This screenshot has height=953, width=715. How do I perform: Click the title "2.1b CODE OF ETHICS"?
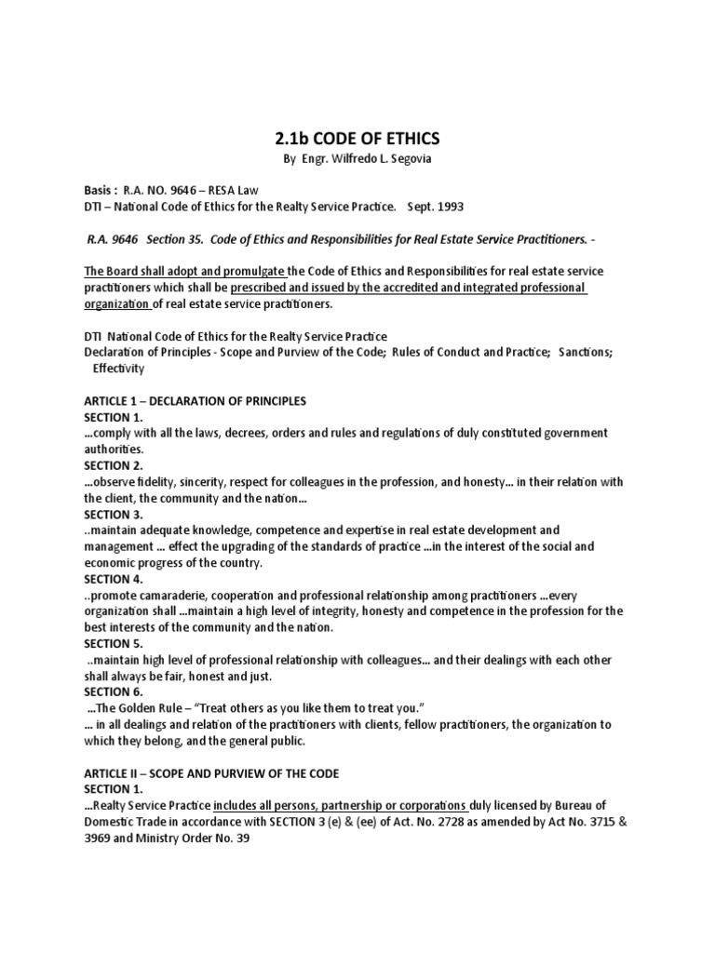[357, 139]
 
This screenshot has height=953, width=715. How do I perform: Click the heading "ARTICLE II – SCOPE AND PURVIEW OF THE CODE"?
[211, 773]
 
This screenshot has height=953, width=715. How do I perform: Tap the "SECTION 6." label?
[113, 691]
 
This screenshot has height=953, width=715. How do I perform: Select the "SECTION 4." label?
[113, 579]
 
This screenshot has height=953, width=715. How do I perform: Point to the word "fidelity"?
[164, 481]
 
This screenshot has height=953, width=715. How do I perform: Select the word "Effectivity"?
[118, 368]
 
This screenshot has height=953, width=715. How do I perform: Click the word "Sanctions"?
[587, 352]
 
